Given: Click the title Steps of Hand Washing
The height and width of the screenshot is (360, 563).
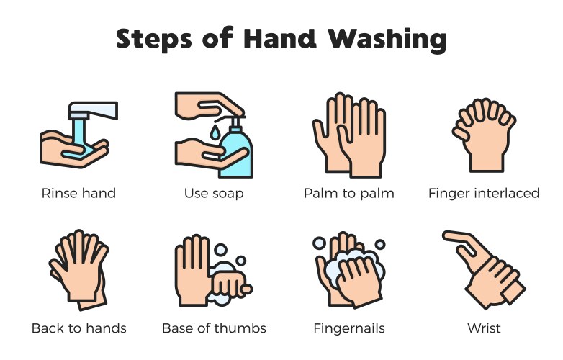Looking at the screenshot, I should (x=281, y=39).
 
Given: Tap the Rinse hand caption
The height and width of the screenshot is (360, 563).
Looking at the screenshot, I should (x=78, y=193).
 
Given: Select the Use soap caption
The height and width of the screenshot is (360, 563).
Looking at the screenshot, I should (x=213, y=193).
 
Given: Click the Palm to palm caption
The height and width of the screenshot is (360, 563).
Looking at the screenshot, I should (x=348, y=193).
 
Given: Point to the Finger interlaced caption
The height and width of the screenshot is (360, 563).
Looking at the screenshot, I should (x=483, y=193).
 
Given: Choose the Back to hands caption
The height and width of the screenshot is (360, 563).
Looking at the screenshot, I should (x=78, y=328).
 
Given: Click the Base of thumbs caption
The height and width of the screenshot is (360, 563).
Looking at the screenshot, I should (x=214, y=328).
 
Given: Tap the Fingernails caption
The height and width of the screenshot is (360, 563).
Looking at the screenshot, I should (x=348, y=328).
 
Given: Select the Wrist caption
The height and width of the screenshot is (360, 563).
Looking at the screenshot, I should (x=483, y=328).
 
